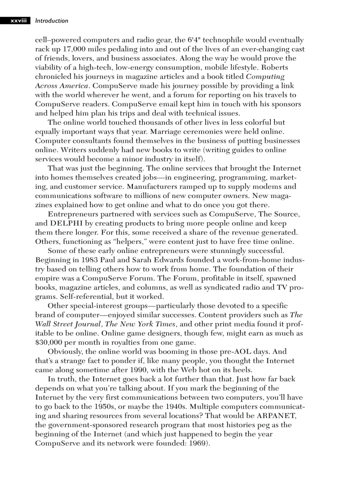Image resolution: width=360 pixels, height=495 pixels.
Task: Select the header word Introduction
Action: (52, 21)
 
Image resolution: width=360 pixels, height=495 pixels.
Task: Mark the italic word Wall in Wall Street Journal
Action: (45, 324)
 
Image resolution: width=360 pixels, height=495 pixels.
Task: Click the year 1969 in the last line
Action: (197, 443)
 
